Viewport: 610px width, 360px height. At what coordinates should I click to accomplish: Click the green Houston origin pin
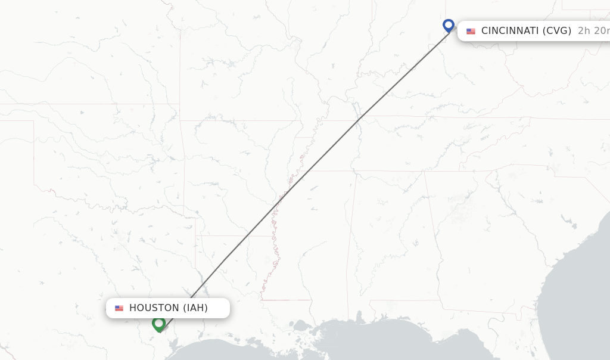(x=158, y=324)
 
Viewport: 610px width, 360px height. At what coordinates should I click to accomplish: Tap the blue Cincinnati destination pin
(x=449, y=26)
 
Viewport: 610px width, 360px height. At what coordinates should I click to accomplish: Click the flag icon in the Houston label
(x=119, y=308)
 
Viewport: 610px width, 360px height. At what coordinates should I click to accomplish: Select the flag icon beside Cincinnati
(x=471, y=31)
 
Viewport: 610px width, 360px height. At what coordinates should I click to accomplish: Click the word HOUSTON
(x=154, y=308)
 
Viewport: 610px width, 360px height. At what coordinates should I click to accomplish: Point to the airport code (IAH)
(x=195, y=308)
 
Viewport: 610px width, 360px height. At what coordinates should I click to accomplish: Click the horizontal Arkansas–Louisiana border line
(x=229, y=236)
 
